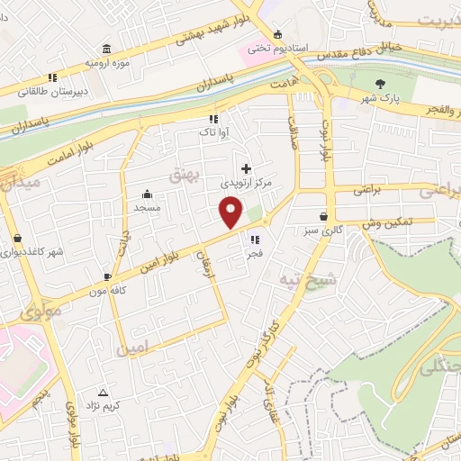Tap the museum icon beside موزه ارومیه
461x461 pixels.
point(107,48)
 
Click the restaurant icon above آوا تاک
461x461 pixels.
point(213,118)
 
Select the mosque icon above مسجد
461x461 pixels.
point(148,194)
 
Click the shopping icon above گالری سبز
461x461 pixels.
point(323,215)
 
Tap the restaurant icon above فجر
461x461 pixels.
point(256,240)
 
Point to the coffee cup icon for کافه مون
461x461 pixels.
point(107,276)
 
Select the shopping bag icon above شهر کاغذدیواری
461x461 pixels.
point(17,239)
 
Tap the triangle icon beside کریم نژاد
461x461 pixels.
point(103,393)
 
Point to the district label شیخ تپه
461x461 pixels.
point(299,278)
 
